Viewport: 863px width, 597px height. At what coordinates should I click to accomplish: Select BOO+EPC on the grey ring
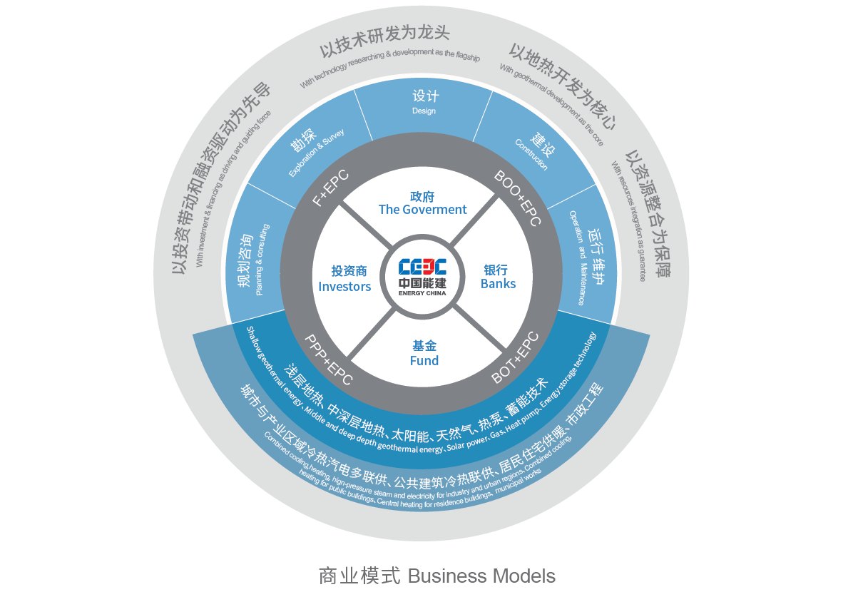click(518, 197)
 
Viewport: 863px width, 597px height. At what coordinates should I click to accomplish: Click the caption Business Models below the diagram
click(481, 576)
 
